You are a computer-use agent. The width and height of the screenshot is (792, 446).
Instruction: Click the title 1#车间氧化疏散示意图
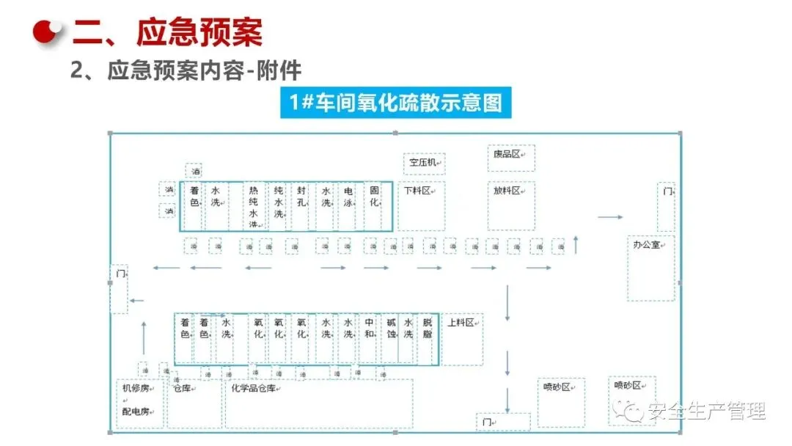pos(395,103)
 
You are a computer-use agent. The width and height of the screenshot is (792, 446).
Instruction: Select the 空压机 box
pos(423,161)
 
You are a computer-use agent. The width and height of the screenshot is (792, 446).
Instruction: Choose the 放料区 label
pos(507,191)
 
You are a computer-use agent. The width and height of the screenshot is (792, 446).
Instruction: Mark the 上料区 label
pos(461,323)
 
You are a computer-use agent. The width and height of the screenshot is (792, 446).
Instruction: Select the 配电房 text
pos(136,412)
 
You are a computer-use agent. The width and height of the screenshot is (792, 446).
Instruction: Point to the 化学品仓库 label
pos(257,387)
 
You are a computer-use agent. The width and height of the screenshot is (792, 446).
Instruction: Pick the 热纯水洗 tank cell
pos(254,206)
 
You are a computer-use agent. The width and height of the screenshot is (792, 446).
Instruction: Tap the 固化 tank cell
pos(373,197)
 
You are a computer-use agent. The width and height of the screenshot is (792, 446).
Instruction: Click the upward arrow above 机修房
pos(143,338)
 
